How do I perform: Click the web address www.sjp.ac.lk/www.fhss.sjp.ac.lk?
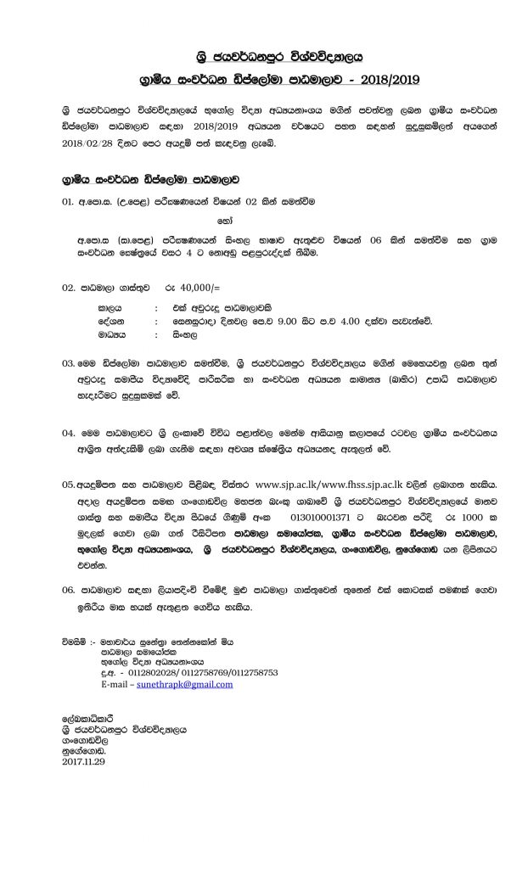coord(329,484)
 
